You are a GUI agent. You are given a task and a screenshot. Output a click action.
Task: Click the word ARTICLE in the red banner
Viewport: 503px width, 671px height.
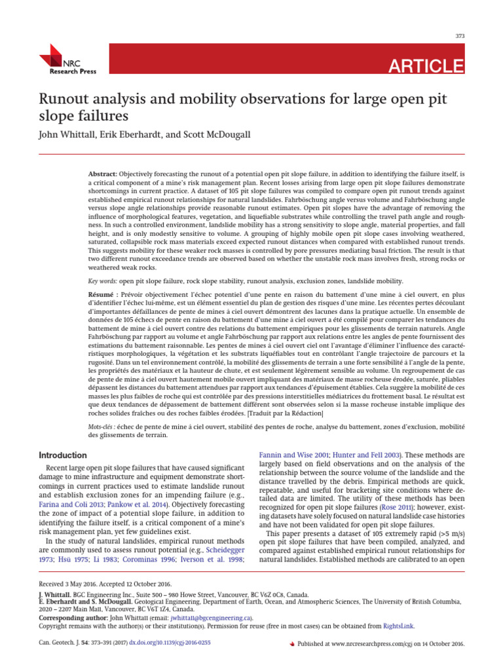coord(426,66)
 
